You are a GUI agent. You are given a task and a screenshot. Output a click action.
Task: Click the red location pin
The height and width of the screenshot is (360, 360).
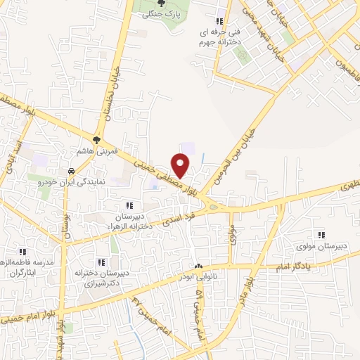tap(182, 165)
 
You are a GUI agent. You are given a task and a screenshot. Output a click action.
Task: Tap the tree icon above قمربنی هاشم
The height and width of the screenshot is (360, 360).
tap(97, 139)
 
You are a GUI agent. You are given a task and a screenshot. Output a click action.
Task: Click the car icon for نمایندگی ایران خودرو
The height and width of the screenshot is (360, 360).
tap(71, 171)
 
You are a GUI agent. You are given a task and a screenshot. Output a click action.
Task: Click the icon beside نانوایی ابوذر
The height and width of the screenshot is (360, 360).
tap(198, 266)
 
